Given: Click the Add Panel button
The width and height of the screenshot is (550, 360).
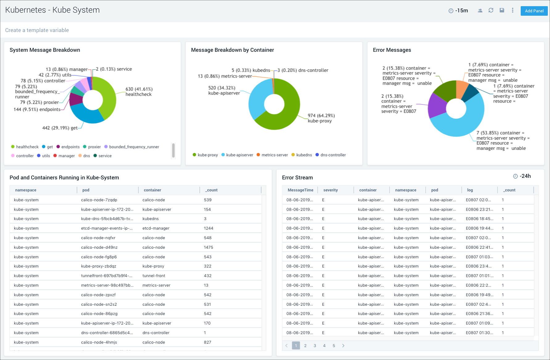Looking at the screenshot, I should click(x=534, y=11).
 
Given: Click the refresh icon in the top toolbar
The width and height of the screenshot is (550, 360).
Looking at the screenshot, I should click(x=491, y=10).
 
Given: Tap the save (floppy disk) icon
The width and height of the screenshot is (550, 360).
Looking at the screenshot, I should click(x=502, y=10).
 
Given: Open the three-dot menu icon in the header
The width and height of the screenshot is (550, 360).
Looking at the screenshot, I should click(x=513, y=10).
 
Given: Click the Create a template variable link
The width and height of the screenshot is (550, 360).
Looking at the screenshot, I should click(x=37, y=30).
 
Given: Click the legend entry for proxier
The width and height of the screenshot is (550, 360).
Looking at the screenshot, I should click(x=94, y=147).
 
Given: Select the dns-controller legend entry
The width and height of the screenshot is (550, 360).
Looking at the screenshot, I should click(x=333, y=155).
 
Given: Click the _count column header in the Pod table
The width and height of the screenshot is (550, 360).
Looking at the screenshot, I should click(x=212, y=190).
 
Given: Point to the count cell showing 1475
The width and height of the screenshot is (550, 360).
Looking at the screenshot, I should click(x=209, y=247).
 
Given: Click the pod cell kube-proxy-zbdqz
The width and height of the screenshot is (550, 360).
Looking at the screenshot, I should click(x=99, y=266).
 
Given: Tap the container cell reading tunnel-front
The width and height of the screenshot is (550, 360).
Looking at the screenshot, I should click(x=154, y=276).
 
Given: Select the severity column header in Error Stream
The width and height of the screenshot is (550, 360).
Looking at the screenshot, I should click(x=330, y=190).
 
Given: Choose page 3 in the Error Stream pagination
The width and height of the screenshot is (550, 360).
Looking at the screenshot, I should click(x=315, y=346).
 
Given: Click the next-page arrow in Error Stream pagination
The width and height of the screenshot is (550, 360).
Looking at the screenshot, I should click(x=343, y=346).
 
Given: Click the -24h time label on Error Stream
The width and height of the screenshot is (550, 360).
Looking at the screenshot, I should click(x=525, y=176).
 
